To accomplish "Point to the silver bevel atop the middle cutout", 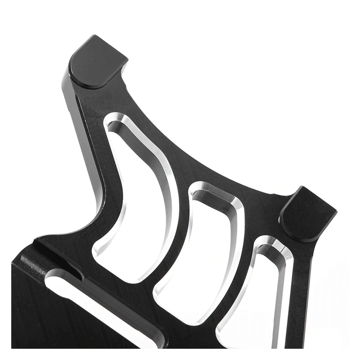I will point(211,189).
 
